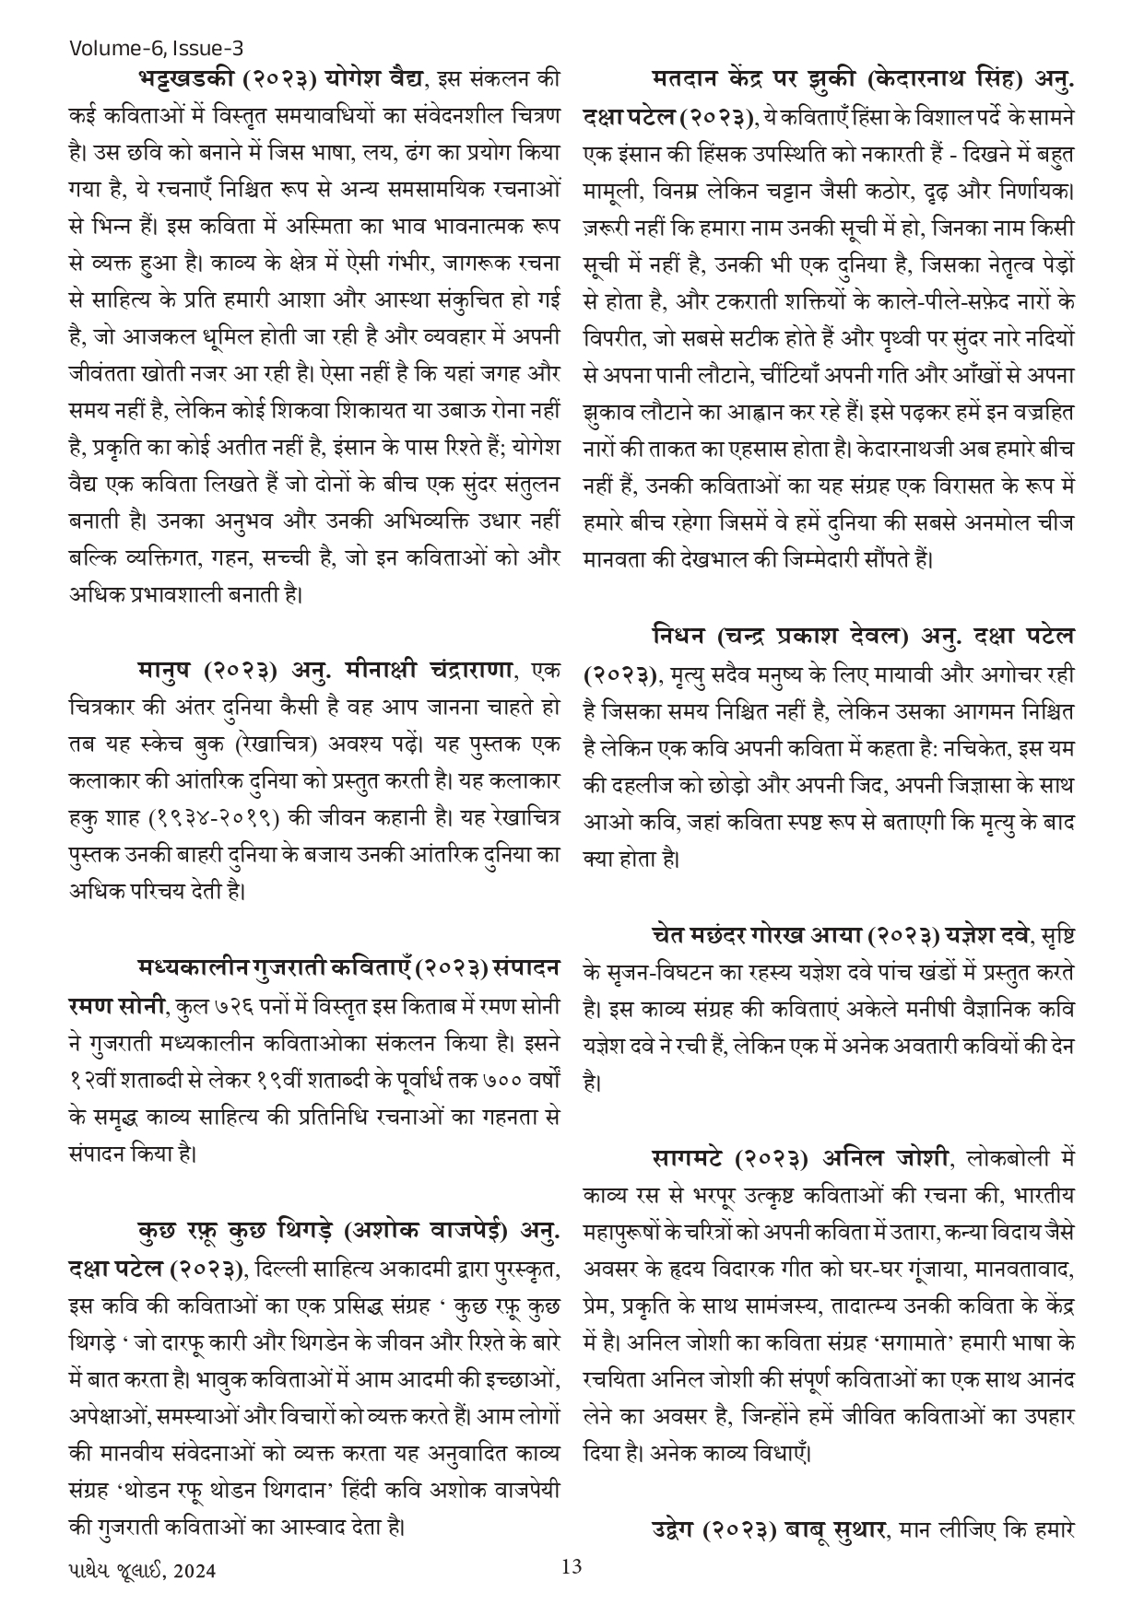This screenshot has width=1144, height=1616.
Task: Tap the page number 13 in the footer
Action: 572,1565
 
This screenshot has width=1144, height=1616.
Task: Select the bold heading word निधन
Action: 677,637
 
